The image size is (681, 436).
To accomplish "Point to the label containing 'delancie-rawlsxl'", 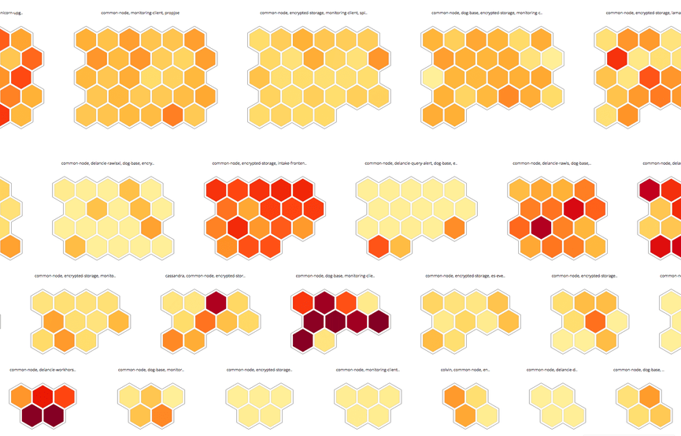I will [108, 163].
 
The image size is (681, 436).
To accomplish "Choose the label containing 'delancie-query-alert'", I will [411, 163].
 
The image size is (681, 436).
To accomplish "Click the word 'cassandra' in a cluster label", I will [176, 277].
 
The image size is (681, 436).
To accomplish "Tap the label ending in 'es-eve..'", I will [465, 277].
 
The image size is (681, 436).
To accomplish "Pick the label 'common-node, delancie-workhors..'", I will [41, 369].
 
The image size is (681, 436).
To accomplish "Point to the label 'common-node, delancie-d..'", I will [552, 369].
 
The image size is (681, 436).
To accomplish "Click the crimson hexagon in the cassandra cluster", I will [217, 303].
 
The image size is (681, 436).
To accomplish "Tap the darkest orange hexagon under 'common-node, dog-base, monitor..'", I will [161, 415].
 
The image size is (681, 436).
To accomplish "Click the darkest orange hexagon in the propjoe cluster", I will [172, 114].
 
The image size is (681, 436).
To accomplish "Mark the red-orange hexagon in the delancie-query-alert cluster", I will [379, 247].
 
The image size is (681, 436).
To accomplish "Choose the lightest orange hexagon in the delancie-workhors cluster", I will [22, 397].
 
